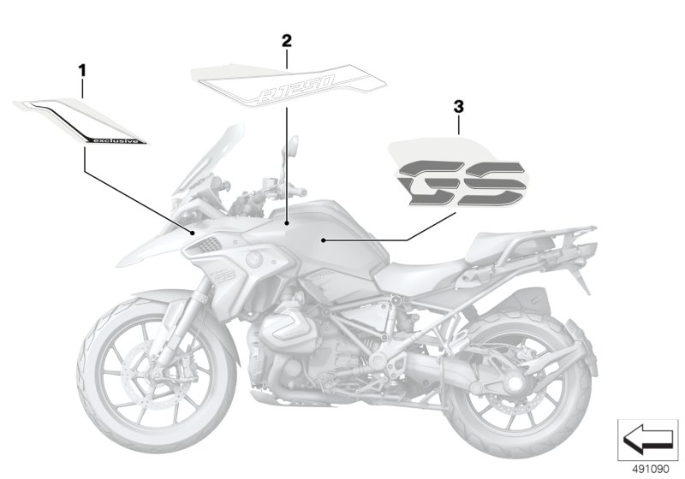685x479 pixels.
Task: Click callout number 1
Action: (x=82, y=71)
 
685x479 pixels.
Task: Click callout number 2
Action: (x=286, y=41)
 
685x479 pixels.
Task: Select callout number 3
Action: (x=458, y=107)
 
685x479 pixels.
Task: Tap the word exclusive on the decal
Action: (x=116, y=140)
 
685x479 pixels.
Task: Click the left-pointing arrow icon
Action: (x=647, y=440)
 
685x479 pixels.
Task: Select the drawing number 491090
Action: (x=651, y=470)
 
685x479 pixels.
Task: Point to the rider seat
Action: (x=420, y=273)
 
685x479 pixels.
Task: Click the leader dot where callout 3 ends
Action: (x=323, y=240)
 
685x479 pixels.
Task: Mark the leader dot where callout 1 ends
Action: (x=193, y=233)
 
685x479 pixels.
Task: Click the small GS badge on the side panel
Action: (x=225, y=275)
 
